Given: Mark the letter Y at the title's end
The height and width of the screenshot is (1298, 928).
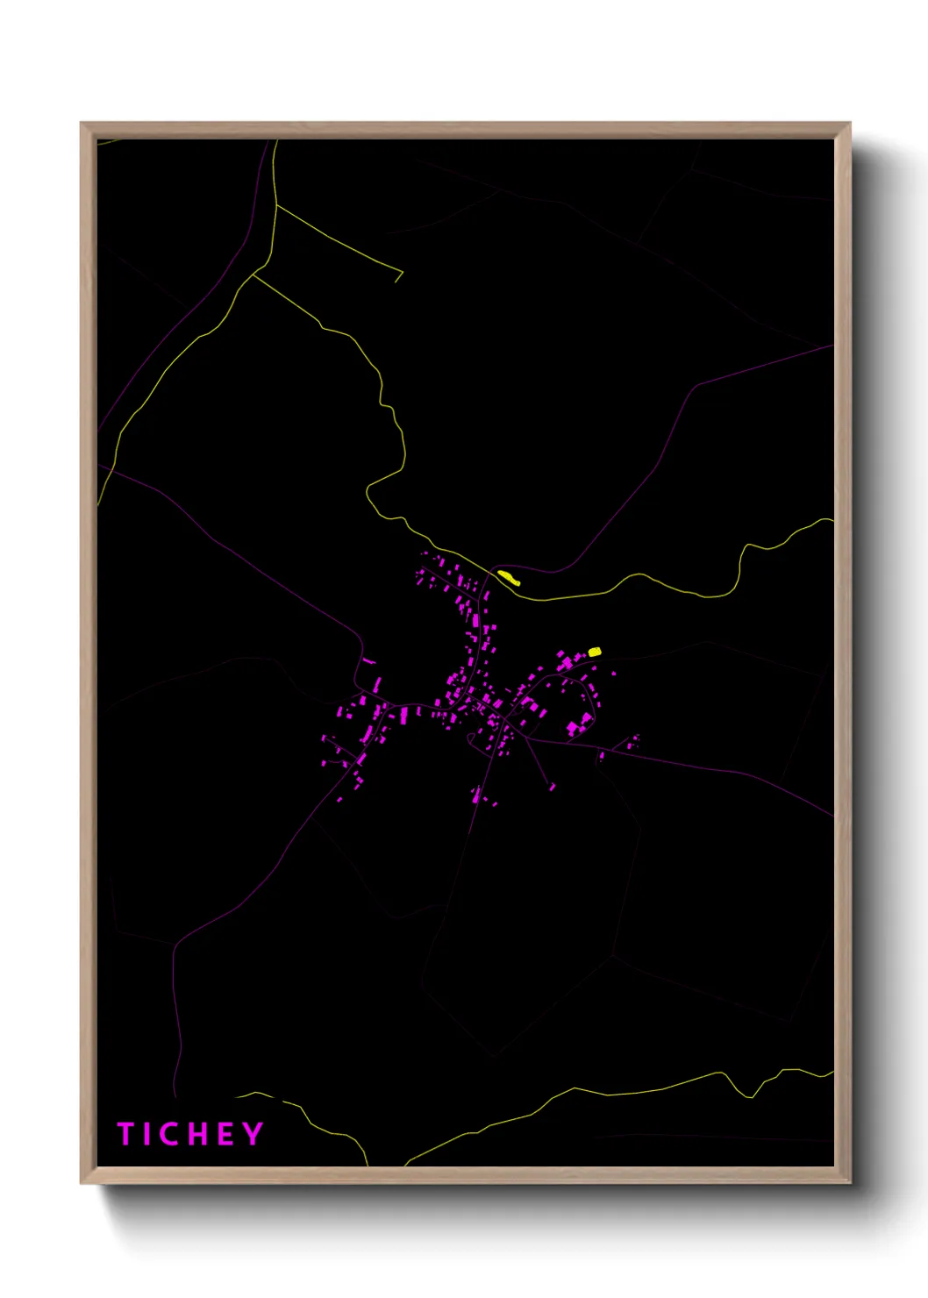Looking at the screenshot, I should [x=253, y=1134].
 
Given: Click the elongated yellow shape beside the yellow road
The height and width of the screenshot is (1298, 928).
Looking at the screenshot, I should [x=509, y=577].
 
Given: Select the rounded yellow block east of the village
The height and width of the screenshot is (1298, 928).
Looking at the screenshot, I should [x=595, y=652].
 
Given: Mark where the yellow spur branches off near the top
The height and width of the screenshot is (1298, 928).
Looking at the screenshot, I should [x=276, y=205].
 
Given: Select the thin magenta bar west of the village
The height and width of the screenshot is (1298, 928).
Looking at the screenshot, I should [x=369, y=660].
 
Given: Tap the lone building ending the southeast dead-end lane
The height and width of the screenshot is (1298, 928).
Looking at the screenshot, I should [x=553, y=787].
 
